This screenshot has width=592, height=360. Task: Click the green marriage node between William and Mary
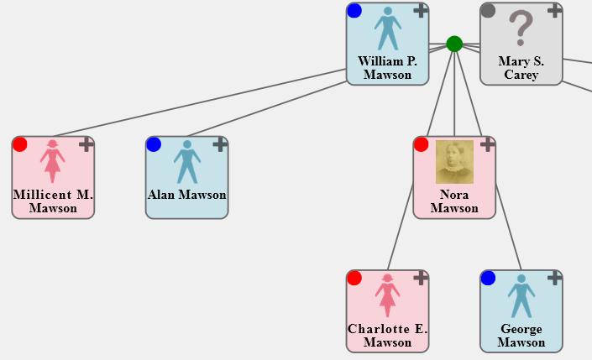454,44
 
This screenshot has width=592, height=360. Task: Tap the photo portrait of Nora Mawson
454,162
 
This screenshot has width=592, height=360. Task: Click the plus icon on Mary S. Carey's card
554,11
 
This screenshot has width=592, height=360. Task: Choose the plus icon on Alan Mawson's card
220,145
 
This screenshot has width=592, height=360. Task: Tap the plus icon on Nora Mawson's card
487,145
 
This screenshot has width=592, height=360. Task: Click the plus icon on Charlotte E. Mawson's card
421,279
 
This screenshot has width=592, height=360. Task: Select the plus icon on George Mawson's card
554,279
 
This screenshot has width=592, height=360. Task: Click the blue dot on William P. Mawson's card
354,11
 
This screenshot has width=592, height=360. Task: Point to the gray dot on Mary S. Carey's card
488,11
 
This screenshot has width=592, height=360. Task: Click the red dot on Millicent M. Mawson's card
20,144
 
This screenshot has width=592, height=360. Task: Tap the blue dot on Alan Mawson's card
154,144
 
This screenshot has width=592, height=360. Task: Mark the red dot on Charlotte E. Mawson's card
354,278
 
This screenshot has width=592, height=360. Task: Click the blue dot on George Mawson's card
488,278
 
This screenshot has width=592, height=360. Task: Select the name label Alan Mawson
187,196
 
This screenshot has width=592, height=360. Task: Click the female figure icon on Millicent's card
53,162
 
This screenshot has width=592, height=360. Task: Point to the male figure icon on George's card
521,296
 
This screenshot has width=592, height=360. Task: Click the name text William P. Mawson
388,68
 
